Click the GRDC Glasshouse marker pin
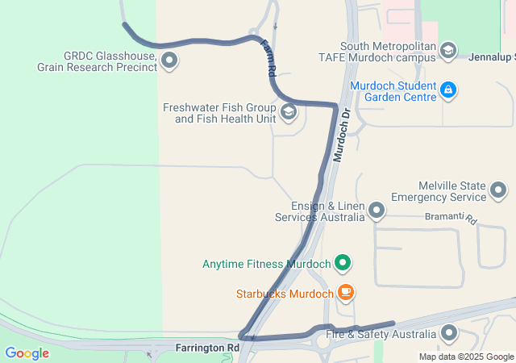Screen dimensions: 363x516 tap(169, 60)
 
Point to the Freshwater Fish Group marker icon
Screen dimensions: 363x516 tap(288, 112)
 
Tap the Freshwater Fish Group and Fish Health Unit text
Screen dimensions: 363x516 tap(219, 113)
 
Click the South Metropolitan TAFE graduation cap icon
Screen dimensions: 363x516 tap(447, 52)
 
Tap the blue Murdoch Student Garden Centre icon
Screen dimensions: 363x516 tap(449, 91)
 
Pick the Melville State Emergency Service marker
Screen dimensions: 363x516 tap(498, 191)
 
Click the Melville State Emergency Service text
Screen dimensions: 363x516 tap(439, 191)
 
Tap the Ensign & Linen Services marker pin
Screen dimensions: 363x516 tap(377, 211)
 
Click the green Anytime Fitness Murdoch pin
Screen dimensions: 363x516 tap(343, 263)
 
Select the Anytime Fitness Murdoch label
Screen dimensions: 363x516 tap(267, 264)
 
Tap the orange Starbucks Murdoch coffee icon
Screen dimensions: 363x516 tap(345, 293)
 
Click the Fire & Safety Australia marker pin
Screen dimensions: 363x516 tap(449, 333)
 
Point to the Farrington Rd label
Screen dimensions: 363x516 tap(208, 348)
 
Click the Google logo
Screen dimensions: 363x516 tap(27, 353)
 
